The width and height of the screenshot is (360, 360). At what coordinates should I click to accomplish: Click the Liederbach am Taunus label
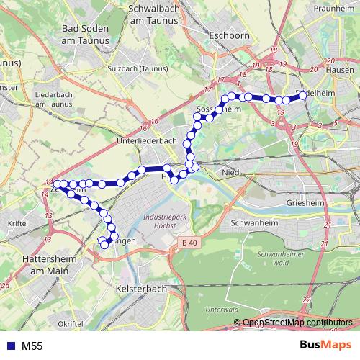pos(55,99)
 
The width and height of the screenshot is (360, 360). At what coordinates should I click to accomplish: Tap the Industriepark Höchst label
pos(165,220)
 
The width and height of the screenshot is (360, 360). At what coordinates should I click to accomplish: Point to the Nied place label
pos(230,173)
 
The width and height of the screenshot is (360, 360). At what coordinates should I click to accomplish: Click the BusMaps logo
pos(325,346)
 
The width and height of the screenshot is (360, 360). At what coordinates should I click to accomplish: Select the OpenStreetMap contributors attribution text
pos(297,322)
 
